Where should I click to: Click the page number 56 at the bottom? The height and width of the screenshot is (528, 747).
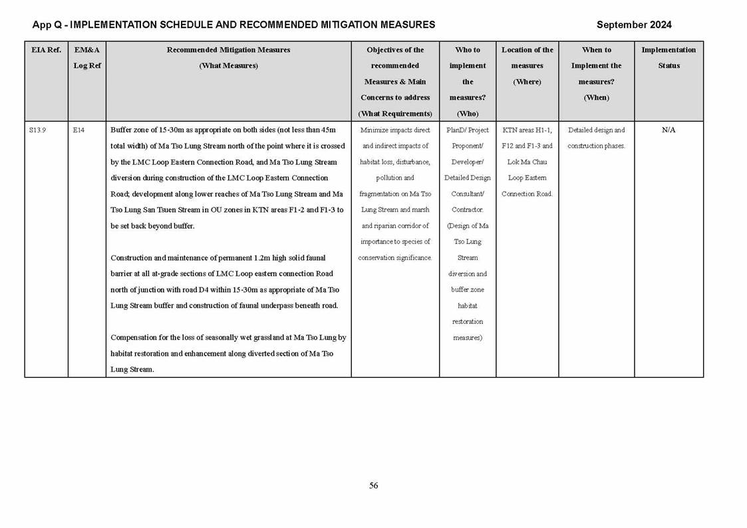(x=373, y=486)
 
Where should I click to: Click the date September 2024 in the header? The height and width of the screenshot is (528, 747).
(x=633, y=25)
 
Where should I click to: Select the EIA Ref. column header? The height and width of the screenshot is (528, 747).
(x=46, y=50)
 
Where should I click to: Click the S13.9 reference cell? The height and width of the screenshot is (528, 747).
(x=37, y=130)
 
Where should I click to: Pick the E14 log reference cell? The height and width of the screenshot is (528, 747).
(x=78, y=130)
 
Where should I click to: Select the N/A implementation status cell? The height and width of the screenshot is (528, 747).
(x=668, y=130)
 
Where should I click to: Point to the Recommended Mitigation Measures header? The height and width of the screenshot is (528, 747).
(x=228, y=50)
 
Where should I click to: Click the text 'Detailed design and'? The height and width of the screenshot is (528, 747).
(x=596, y=130)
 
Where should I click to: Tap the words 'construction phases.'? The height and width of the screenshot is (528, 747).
(x=596, y=146)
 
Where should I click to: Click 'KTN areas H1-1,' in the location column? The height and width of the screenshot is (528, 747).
(x=527, y=130)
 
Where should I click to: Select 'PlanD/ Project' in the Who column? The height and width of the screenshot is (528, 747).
(x=467, y=130)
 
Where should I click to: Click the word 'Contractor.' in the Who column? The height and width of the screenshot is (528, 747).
(x=467, y=210)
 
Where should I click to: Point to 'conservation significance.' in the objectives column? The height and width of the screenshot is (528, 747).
(x=395, y=258)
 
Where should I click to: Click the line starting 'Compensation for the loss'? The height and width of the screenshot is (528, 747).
(x=228, y=338)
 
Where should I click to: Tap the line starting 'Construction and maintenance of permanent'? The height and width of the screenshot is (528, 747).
(x=218, y=258)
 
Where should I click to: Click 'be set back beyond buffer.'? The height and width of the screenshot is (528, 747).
(x=152, y=226)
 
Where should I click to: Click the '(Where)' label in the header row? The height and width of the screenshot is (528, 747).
(x=527, y=82)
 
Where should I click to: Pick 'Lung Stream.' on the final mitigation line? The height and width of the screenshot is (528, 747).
(x=132, y=370)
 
